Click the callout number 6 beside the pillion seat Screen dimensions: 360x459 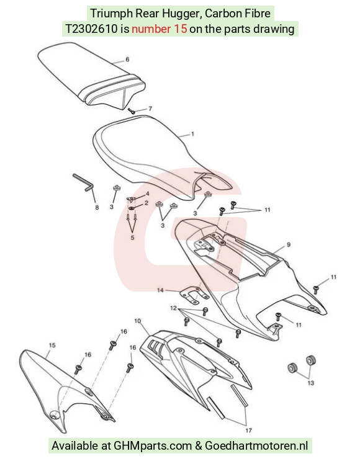tap(127, 60)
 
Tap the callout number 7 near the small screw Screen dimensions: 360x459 tap(150, 109)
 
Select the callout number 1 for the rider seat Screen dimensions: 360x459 tap(192, 134)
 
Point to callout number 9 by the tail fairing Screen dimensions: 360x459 tap(289, 244)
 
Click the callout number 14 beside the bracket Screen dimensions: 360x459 tap(160, 290)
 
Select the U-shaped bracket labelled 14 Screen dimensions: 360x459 tap(194, 295)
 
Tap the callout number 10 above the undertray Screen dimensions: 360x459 tap(138, 321)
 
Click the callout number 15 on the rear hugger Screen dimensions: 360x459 tap(52, 345)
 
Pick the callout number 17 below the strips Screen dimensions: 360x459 tap(249, 430)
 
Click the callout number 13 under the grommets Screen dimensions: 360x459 tap(311, 383)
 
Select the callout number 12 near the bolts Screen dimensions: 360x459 tap(173, 308)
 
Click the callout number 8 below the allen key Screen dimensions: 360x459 tap(97, 208)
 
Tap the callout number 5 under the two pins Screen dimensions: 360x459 tap(132, 238)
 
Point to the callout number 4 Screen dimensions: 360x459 tap(147, 194)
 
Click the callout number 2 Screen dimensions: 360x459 tap(146, 203)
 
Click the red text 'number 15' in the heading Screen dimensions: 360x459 tap(160, 29)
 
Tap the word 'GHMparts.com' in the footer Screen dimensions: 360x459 tap(153, 445)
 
